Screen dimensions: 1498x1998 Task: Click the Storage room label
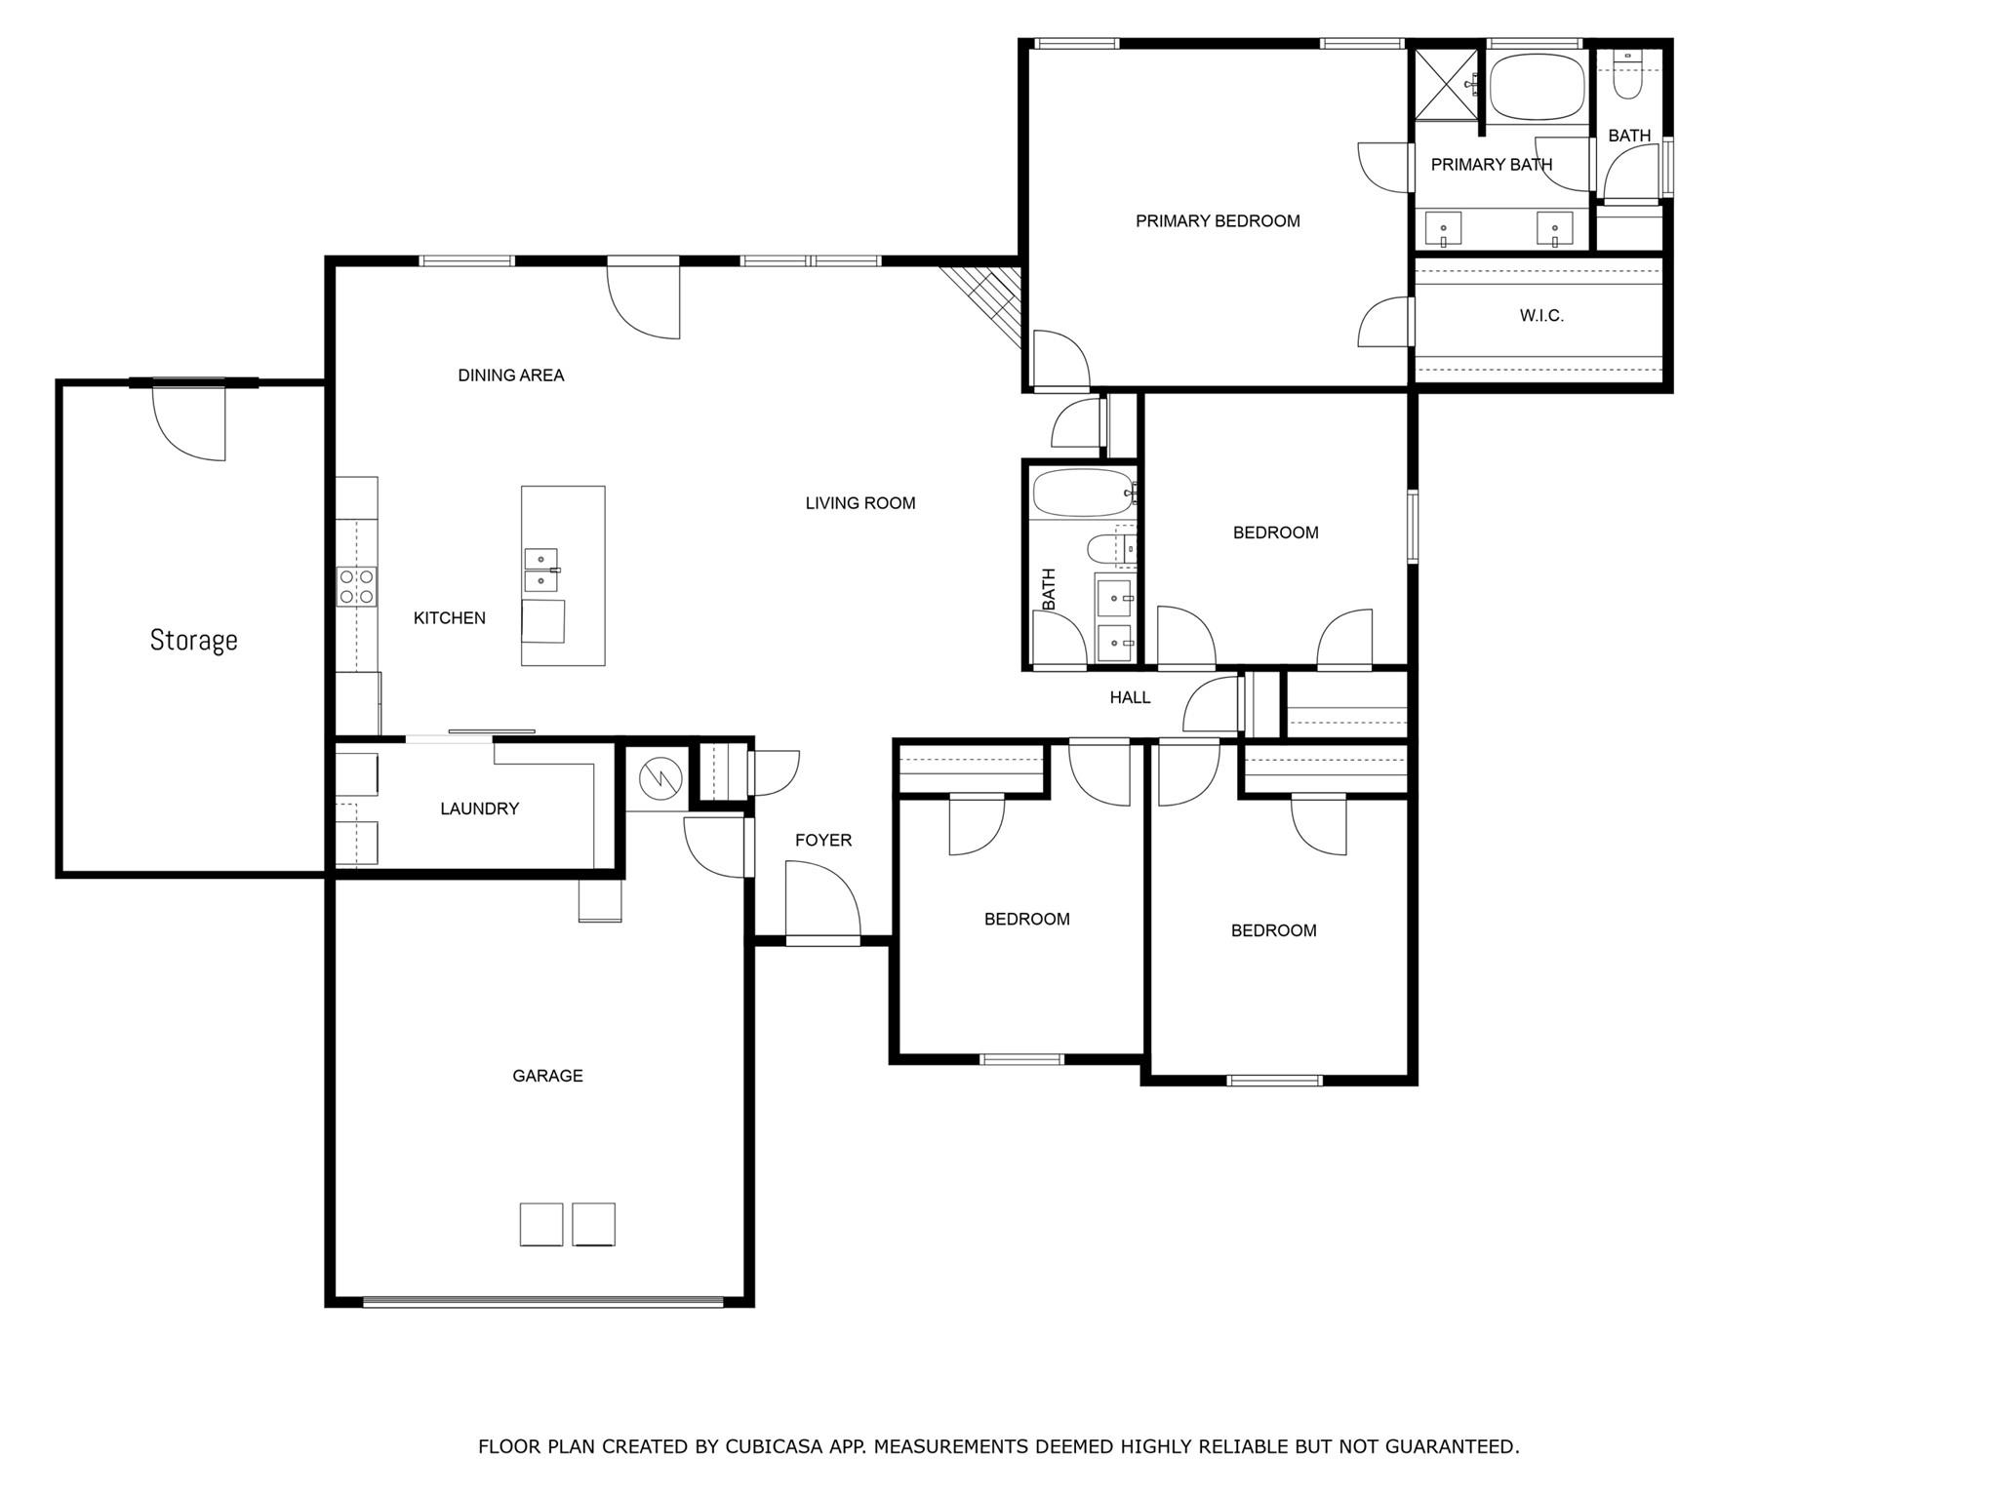click(193, 640)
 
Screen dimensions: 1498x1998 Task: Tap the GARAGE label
click(547, 1076)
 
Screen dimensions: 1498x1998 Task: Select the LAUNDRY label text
click(479, 808)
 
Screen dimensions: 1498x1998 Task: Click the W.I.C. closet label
click(1541, 316)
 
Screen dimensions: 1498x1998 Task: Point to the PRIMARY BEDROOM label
click(1218, 221)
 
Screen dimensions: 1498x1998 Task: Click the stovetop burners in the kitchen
click(356, 586)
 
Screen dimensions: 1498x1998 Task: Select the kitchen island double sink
click(540, 571)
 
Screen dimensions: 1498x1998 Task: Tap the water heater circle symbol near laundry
click(656, 778)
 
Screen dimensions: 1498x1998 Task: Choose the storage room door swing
click(190, 421)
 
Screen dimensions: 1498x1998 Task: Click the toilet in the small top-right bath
click(1626, 78)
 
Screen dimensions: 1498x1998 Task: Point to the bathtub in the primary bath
click(1537, 87)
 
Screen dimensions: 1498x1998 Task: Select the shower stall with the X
click(1447, 84)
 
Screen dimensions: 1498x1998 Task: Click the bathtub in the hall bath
click(1081, 493)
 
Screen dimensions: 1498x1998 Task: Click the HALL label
click(1130, 697)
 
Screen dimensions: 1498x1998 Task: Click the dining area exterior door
click(643, 297)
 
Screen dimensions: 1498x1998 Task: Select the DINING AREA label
click(510, 375)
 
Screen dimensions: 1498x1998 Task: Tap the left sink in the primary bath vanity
click(1443, 230)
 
